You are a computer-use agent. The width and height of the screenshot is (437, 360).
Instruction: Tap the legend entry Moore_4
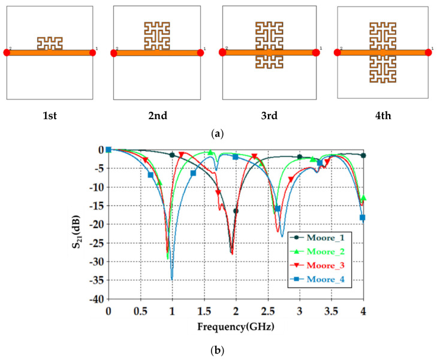pos(320,279)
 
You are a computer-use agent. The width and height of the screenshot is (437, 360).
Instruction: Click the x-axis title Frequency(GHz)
pos(235,327)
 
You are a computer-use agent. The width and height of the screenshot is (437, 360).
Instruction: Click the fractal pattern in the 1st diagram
pos(50,43)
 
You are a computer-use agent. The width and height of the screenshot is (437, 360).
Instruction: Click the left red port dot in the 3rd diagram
pos(222,53)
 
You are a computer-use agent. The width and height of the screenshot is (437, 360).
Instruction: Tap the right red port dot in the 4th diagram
pos(428,53)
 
